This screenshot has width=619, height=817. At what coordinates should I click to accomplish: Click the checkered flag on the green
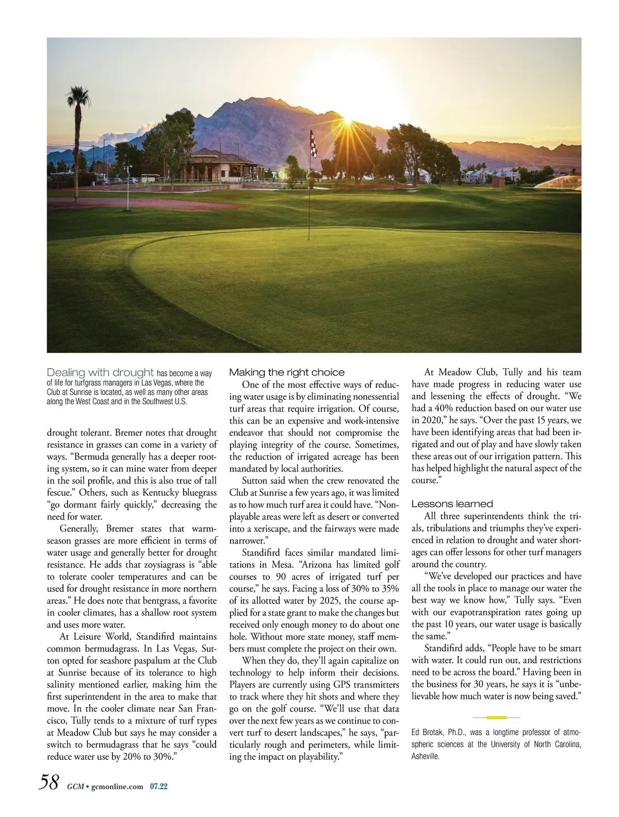(x=312, y=144)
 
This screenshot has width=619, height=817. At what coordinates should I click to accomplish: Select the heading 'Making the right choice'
(x=287, y=372)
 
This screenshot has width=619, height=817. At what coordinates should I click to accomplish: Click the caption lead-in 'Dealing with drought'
(x=101, y=372)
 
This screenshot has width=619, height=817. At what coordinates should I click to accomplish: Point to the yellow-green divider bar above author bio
(x=496, y=717)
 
